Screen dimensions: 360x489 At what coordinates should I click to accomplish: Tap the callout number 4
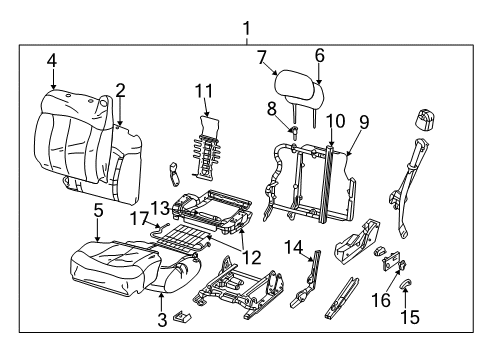point(51,62)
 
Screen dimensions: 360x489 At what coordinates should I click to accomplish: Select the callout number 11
point(204,91)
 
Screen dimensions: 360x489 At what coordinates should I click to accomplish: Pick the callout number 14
point(291,247)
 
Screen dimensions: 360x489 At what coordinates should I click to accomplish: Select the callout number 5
point(98,211)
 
